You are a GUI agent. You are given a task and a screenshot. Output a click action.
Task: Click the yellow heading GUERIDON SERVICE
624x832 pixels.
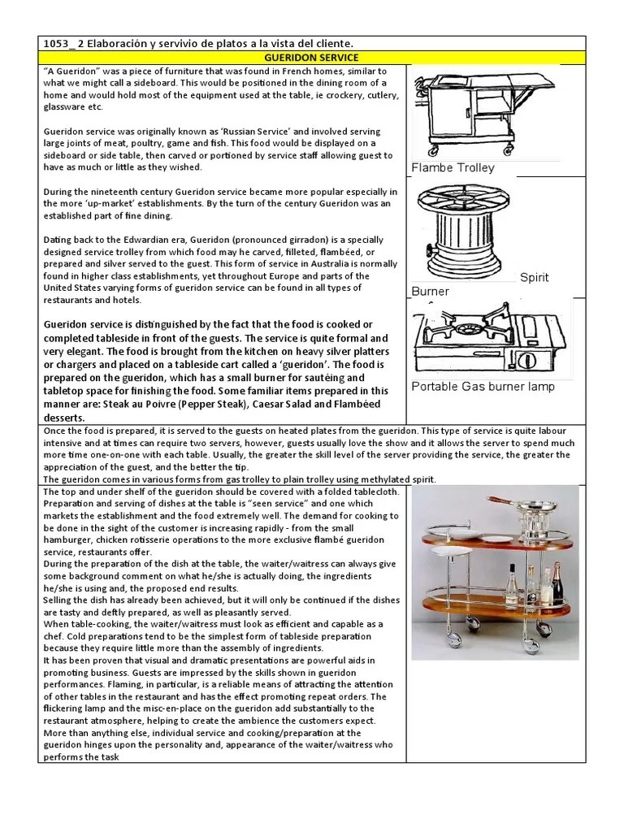point(311,58)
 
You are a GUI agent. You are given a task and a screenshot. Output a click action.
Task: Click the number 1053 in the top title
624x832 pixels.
point(58,42)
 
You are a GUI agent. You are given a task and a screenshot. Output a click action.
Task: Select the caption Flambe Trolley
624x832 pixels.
point(453,168)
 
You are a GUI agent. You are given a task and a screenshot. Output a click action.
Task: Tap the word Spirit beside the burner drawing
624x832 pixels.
point(534,277)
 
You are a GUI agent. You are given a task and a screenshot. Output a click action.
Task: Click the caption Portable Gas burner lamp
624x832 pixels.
point(483,387)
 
